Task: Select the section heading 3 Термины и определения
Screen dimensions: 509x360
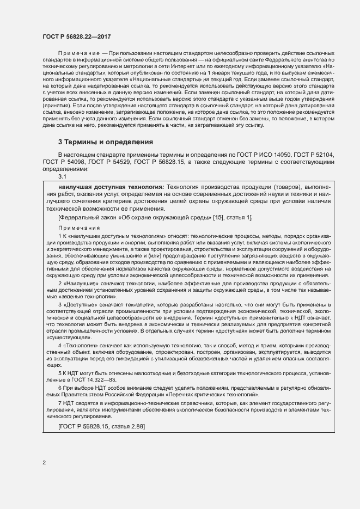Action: [x=106, y=142]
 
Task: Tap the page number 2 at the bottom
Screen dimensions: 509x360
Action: [x=44, y=463]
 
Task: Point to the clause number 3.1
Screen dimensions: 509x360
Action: [x=62, y=176]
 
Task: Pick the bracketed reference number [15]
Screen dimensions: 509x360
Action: [x=219, y=218]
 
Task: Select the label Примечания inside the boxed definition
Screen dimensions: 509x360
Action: [x=79, y=228]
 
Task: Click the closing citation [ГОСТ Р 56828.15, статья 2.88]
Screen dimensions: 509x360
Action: [x=101, y=426]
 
